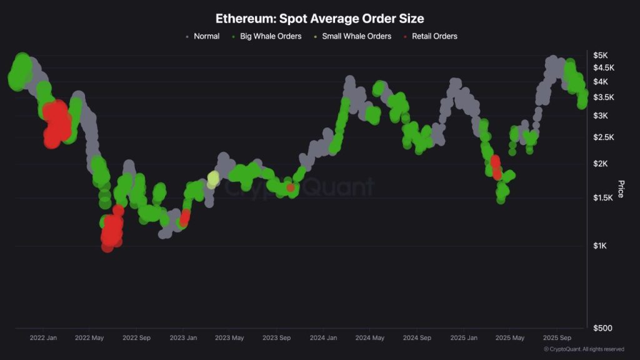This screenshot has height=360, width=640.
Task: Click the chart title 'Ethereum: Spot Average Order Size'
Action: [x=319, y=19]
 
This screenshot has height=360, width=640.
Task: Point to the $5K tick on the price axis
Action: [x=600, y=56]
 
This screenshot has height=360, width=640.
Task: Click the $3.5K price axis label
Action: [x=604, y=97]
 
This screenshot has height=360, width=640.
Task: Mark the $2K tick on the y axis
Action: [x=600, y=164]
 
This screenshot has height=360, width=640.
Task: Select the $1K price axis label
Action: [x=600, y=246]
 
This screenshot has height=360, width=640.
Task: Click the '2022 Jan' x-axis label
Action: [x=43, y=338]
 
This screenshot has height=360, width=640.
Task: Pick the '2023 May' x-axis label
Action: [x=229, y=338]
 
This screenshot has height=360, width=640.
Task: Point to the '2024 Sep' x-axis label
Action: [x=417, y=338]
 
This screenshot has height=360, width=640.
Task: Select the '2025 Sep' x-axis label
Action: [x=557, y=338]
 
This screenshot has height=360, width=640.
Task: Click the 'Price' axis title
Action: [x=621, y=189]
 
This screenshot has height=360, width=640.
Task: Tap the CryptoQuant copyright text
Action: [x=583, y=349]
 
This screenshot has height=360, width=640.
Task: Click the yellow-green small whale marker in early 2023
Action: [x=213, y=178]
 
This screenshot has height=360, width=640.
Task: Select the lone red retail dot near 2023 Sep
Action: [x=291, y=187]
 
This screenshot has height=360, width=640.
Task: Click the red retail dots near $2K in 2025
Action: [x=496, y=166]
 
